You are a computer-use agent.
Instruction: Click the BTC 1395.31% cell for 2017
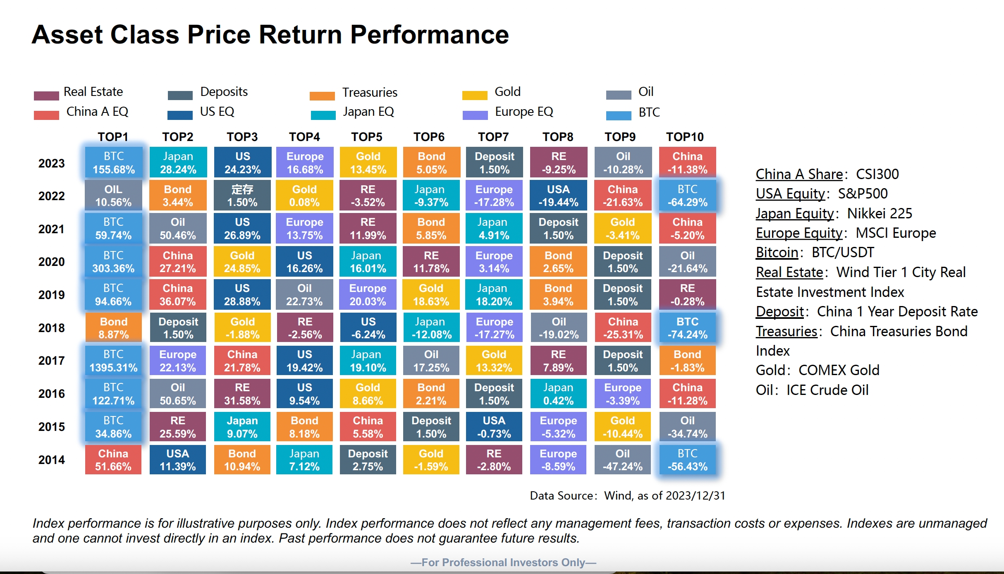point(113,361)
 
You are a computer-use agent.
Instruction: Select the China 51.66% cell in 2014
point(113,459)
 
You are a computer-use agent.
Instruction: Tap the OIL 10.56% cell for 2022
point(113,196)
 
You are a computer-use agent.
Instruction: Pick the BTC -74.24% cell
point(687,328)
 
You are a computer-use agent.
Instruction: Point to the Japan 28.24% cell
point(178,163)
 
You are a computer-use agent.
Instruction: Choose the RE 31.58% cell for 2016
point(242,394)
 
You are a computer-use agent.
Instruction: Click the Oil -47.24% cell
point(623,459)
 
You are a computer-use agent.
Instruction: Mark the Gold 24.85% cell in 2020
point(242,262)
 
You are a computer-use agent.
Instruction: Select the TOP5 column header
point(367,137)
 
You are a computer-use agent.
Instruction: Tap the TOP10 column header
point(685,137)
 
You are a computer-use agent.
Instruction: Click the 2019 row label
point(52,295)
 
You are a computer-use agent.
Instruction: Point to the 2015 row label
point(52,427)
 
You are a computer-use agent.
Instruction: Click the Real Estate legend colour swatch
point(46,96)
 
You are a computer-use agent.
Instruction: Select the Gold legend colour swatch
point(475,96)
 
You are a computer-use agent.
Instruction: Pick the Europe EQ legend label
point(524,112)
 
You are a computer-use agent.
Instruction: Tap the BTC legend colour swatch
point(619,115)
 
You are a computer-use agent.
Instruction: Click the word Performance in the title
point(429,34)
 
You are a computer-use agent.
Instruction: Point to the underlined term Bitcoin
point(777,252)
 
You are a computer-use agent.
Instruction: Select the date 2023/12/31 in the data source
point(696,495)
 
